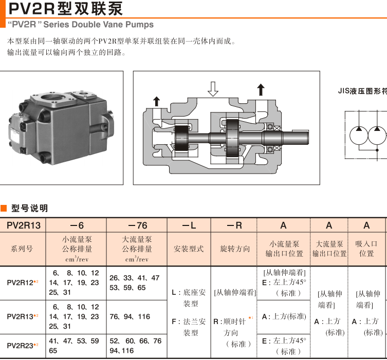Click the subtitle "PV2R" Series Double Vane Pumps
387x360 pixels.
(80, 25)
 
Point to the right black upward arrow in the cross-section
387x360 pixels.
(261, 89)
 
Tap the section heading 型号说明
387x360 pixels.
(30, 208)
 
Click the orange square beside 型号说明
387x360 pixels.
(4, 208)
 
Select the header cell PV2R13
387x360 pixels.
(23, 225)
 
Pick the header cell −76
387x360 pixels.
(137, 225)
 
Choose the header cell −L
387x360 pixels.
(189, 225)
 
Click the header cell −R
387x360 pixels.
(234, 225)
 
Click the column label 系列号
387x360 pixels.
(23, 249)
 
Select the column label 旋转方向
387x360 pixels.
(235, 249)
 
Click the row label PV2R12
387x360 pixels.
(21, 282)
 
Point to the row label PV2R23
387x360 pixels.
(21, 346)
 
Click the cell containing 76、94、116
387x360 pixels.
(130, 317)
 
